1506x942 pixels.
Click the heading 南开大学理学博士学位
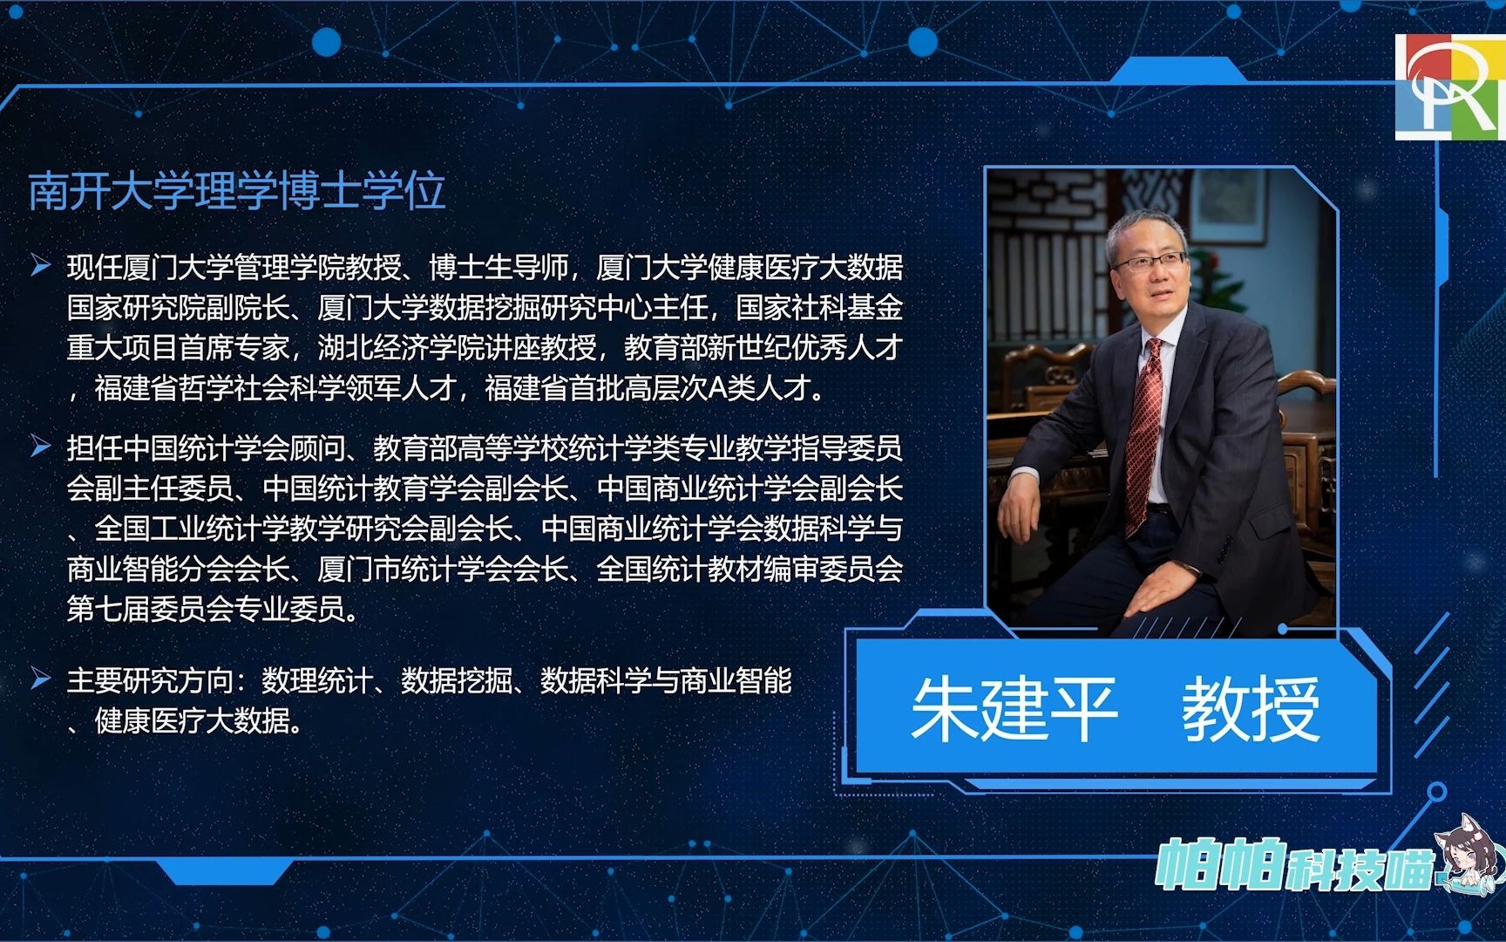(x=237, y=191)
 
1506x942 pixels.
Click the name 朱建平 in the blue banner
(x=1014, y=709)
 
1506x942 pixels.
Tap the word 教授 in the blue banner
(x=1251, y=709)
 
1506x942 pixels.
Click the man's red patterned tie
(x=1145, y=436)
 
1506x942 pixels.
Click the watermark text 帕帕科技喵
(x=1294, y=863)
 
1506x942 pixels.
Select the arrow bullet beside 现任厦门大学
(x=40, y=265)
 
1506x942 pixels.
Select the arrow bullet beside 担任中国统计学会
(x=40, y=447)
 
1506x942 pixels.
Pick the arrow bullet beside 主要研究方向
(x=40, y=678)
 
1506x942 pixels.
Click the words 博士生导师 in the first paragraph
(x=499, y=267)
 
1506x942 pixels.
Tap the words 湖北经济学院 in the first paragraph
(x=401, y=348)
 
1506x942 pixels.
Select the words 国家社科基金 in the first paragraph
(x=819, y=308)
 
